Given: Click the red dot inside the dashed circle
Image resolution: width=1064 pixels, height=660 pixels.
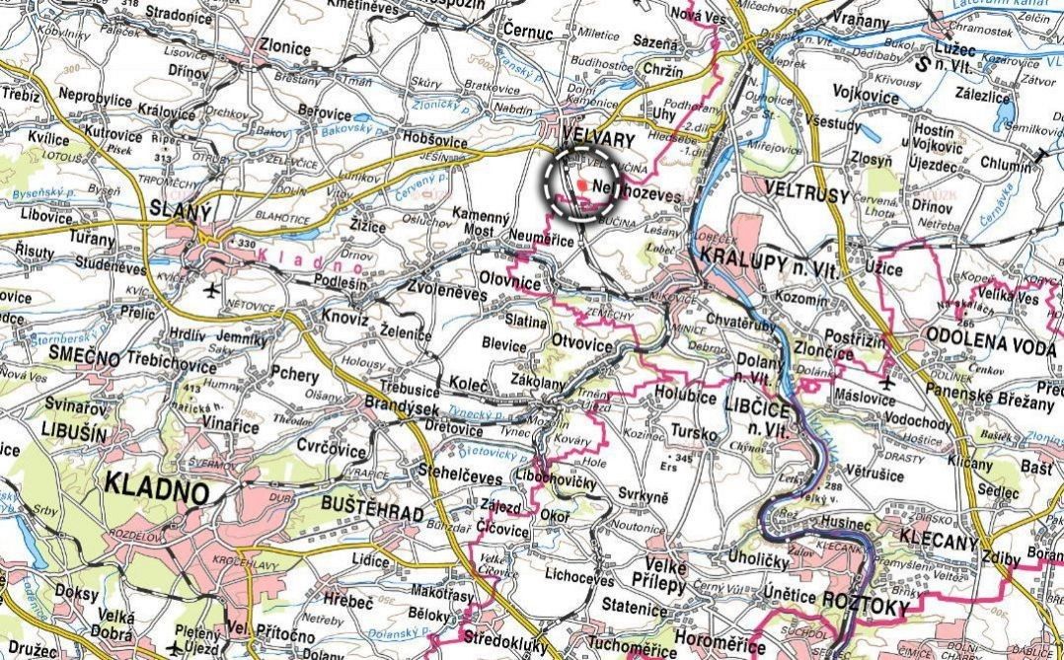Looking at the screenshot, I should (582, 184).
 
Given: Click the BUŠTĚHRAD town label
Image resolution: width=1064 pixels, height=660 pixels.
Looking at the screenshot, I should (371, 514).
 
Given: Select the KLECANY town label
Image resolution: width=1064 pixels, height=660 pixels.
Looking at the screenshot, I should (939, 543).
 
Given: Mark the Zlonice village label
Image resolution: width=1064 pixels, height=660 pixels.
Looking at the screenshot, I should (283, 46).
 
